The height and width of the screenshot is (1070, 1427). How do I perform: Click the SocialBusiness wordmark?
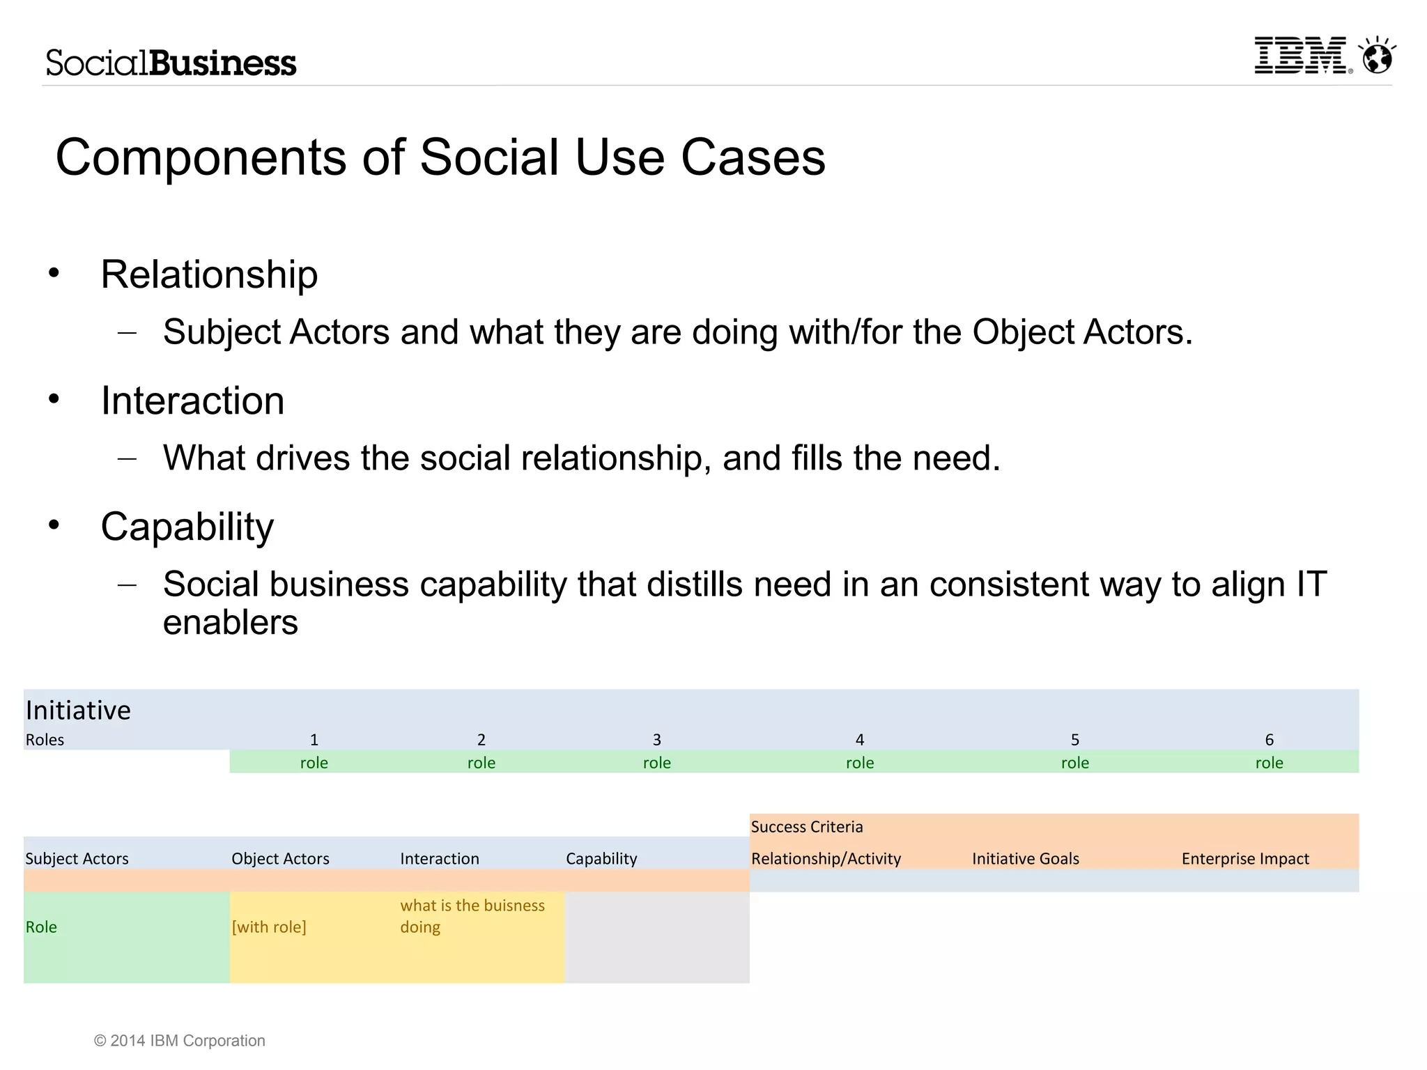click(171, 63)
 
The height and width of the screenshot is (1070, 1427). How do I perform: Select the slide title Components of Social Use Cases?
click(440, 157)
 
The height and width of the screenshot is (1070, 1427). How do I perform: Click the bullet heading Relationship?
click(209, 274)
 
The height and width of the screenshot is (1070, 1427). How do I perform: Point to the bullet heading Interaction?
click(192, 401)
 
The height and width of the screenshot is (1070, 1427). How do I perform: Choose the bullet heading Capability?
click(187, 527)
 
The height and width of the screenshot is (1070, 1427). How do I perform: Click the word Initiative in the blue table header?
click(78, 710)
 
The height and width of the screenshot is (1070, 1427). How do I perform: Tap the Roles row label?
click(45, 740)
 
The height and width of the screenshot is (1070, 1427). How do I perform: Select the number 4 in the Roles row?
click(859, 740)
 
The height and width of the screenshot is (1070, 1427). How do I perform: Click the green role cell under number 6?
click(1269, 763)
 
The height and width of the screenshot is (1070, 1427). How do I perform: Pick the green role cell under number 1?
click(314, 763)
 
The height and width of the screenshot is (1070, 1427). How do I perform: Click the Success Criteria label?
click(806, 827)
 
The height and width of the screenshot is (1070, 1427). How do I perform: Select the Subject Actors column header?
click(77, 858)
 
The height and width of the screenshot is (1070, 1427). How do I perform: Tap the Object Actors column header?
click(280, 858)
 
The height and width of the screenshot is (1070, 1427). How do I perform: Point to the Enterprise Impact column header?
click(1245, 858)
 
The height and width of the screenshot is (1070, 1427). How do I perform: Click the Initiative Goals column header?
click(1025, 858)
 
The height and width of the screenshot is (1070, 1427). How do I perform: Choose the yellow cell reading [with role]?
click(269, 927)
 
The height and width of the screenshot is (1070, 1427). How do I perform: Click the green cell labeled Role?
click(42, 927)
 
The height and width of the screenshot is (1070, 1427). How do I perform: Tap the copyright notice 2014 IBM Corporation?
click(180, 1041)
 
